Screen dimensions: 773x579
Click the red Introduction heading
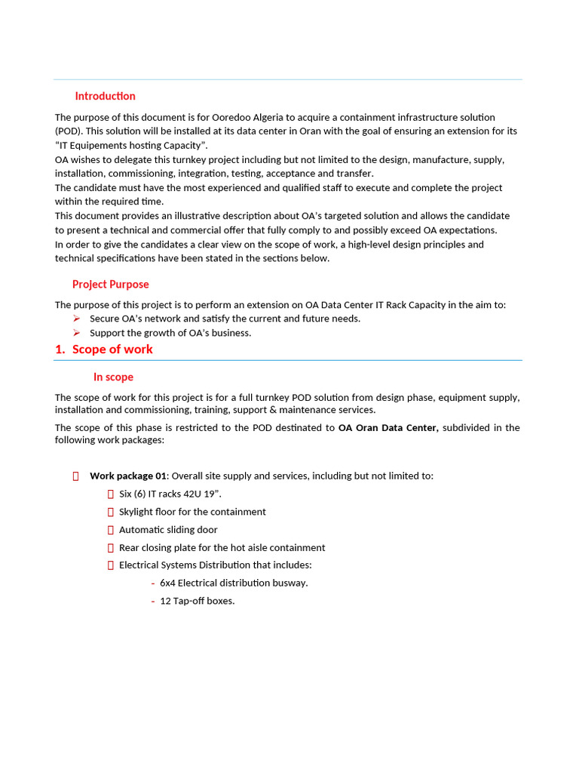[105, 96]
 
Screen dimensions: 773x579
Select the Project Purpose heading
[110, 284]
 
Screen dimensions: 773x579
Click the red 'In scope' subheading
[113, 377]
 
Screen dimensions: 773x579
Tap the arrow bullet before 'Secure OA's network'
[76, 319]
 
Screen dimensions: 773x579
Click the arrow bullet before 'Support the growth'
[76, 333]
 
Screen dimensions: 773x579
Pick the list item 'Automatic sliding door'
[168, 530]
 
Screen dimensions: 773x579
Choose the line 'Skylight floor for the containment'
[192, 512]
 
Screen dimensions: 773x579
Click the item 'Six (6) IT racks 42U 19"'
[170, 494]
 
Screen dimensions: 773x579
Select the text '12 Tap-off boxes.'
[197, 601]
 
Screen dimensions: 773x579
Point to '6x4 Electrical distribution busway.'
[234, 583]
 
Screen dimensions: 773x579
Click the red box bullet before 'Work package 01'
[76, 476]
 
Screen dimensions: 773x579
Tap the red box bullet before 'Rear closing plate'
[111, 547]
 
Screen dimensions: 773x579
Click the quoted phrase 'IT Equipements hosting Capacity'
[131, 145]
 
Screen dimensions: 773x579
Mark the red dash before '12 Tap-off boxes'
[153, 601]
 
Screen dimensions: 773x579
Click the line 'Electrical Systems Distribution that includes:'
[215, 565]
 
